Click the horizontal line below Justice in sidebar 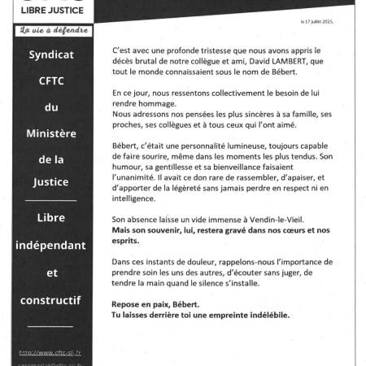(x=52, y=200)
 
